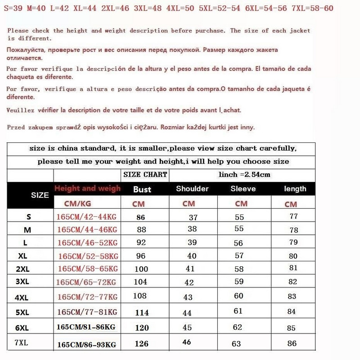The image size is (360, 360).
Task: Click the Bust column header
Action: pos(142,190)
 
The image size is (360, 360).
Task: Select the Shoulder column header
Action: pos(192,189)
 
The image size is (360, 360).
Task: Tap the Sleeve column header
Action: pos(243,189)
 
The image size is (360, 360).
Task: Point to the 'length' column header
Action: pos(295,189)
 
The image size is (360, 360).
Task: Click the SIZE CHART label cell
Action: pos(145,174)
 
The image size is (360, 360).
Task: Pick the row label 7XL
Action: pos(21,342)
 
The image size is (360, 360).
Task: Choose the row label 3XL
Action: pos(22,282)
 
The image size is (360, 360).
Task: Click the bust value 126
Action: pos(142,343)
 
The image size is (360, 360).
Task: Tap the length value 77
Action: pos(293,216)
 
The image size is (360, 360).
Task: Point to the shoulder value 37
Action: pos(193,217)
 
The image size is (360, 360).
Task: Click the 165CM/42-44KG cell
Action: pos(86,217)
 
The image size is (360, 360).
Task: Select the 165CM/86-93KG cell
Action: pos(86,345)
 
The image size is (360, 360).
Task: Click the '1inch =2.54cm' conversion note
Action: pos(244,174)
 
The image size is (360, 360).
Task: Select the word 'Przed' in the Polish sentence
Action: pos(16,128)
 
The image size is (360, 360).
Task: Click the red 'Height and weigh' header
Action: pos(87,188)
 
